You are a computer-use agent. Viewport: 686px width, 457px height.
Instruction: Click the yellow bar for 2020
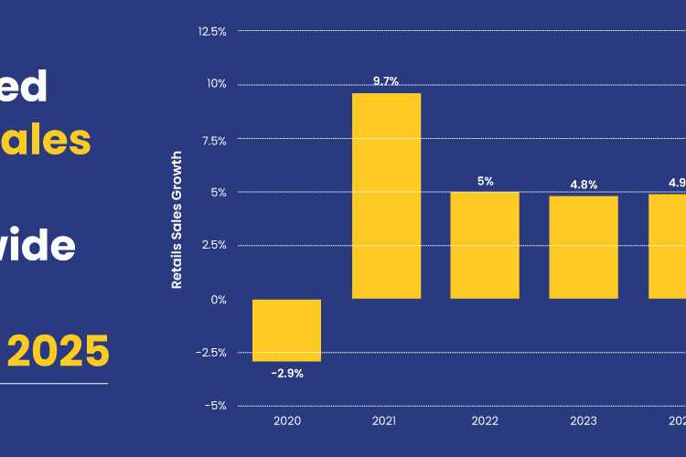coord(286,330)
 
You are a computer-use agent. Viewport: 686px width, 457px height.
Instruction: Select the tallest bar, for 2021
coord(386,196)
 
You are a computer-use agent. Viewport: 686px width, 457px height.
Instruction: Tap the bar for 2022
coord(485,245)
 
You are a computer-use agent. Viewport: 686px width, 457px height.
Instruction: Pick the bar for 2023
coord(584,247)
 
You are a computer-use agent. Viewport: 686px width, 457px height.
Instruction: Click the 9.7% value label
coord(386,81)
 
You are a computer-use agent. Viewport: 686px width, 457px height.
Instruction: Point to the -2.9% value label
coord(286,373)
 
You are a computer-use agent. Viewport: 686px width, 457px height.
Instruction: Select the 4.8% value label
coord(584,185)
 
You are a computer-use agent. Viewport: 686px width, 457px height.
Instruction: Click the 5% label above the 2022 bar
coord(485,181)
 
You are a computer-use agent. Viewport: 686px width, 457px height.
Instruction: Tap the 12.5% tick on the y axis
coord(211,31)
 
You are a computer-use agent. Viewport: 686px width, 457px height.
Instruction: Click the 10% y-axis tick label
coord(215,84)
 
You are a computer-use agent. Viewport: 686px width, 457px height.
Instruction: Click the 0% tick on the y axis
coord(218,299)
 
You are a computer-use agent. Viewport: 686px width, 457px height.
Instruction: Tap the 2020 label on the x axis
coord(286,421)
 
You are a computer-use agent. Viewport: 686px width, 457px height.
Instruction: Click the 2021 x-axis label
coord(386,421)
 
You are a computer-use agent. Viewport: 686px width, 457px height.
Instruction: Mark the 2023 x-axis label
coord(584,421)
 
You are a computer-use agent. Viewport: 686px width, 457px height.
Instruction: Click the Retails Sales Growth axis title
coord(177,220)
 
